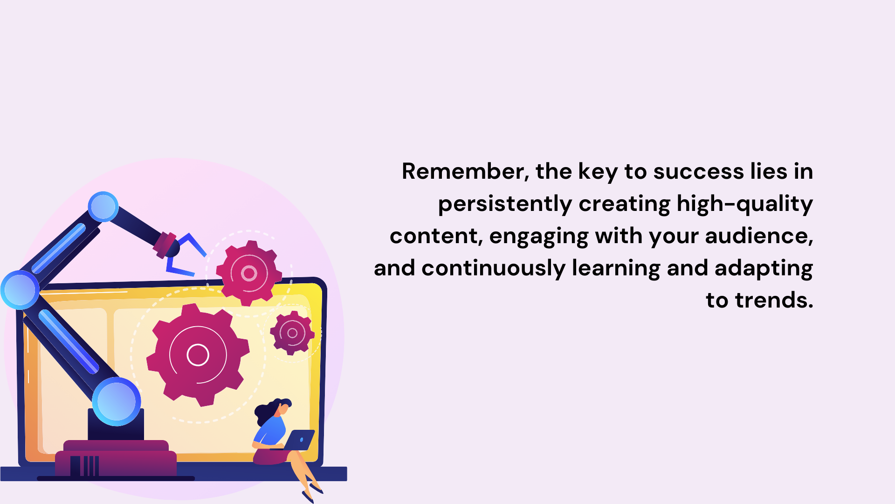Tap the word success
pos(698,172)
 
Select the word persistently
pos(505,204)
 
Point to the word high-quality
pos(744,204)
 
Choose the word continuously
pos(493,269)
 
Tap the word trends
pos(774,300)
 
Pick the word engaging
pos(539,237)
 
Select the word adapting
pos(764,269)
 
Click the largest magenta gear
pos(198,355)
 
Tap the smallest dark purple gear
pos(292,333)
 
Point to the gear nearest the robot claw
pos(249,273)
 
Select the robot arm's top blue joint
pos(103,207)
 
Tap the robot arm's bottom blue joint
pos(117,401)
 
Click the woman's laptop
pos(299,440)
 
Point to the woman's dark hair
pos(268,411)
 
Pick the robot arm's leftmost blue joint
pos(20,290)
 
